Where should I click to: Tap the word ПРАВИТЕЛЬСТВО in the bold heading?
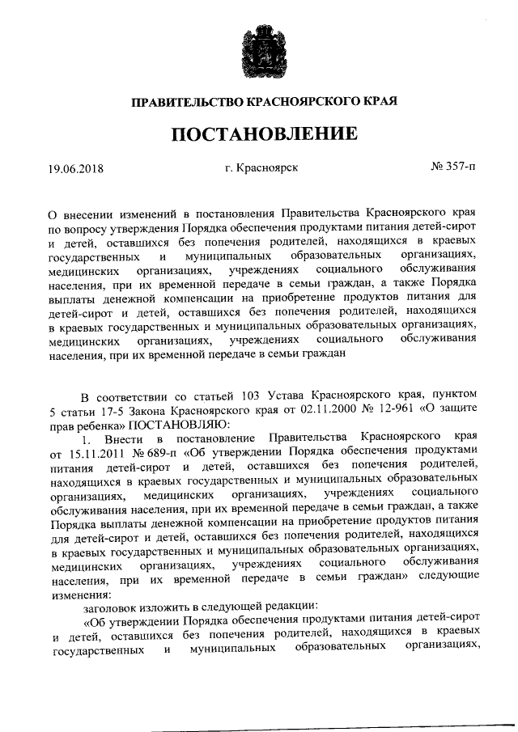[x=187, y=102]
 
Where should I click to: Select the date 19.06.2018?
[x=76, y=169]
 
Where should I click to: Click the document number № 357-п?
[x=454, y=167]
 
